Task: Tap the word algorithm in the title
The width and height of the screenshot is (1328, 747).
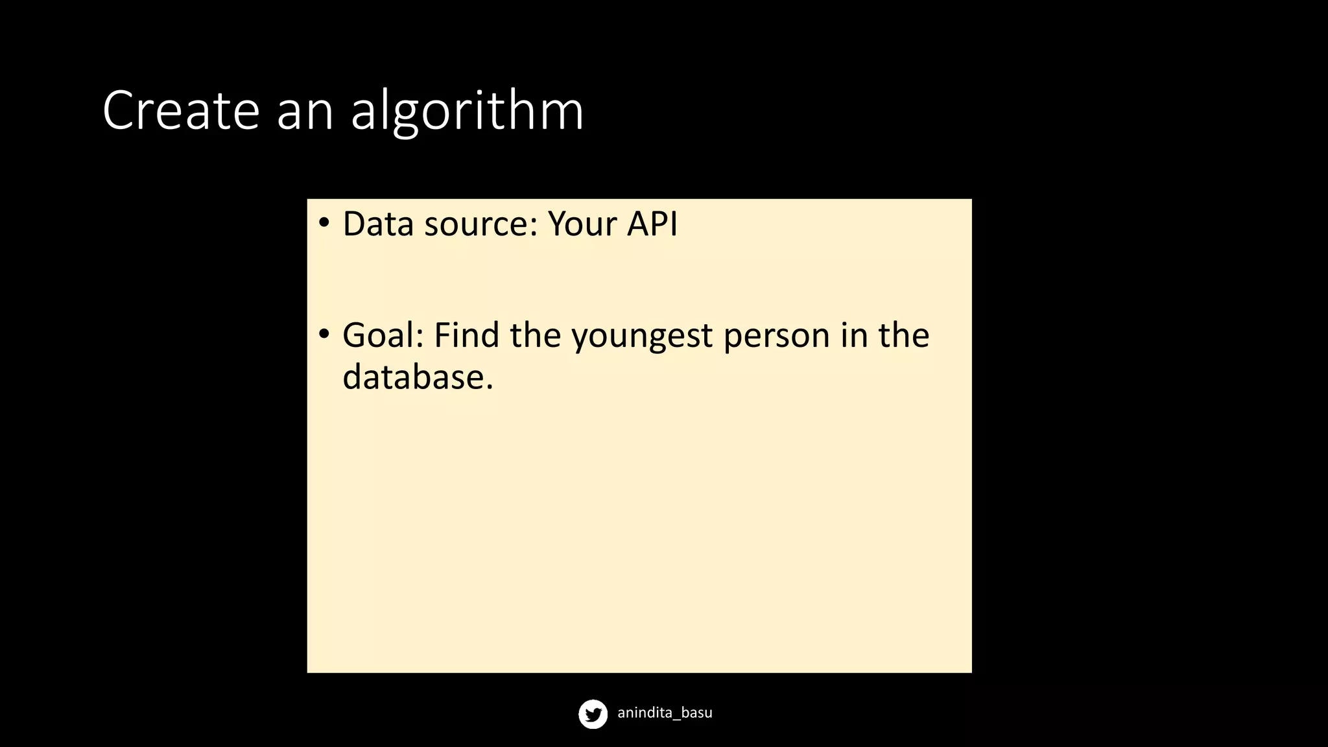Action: (x=467, y=112)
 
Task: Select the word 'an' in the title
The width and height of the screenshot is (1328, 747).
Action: (x=305, y=112)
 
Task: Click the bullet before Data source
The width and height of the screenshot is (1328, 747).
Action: (x=324, y=222)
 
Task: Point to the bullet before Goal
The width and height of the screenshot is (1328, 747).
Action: (x=324, y=334)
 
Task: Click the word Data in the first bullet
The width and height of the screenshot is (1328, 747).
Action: (x=378, y=224)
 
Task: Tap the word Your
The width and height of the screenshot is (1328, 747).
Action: (x=582, y=224)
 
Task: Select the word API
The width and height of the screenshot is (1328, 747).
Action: (x=652, y=224)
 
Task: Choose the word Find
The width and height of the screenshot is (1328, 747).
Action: (x=467, y=336)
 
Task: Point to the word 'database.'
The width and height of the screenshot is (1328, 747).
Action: (x=418, y=377)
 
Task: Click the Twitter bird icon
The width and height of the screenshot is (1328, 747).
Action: (x=593, y=714)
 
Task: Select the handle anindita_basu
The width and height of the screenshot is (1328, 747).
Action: (x=665, y=713)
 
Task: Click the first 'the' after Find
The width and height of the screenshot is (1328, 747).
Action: (x=535, y=336)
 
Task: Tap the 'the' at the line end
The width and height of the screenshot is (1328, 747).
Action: (x=904, y=336)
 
